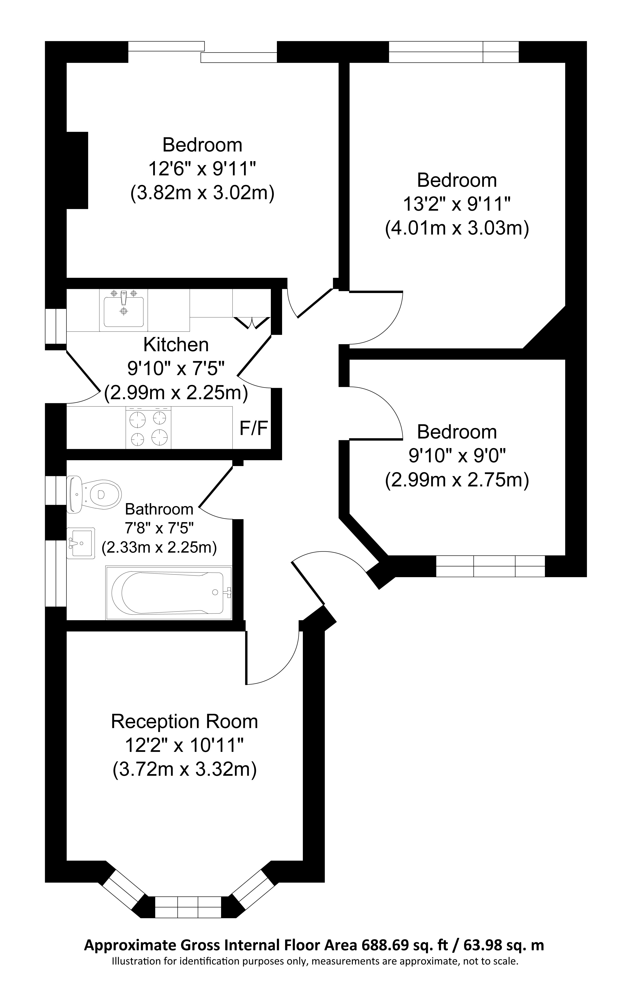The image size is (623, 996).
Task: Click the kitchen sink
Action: (124, 310)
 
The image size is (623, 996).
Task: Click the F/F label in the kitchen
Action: (254, 429)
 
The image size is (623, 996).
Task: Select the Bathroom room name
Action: (159, 509)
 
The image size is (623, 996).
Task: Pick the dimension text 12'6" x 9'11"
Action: (202, 169)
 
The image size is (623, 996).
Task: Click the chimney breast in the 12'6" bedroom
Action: (77, 170)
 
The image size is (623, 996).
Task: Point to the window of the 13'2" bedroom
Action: (454, 52)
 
